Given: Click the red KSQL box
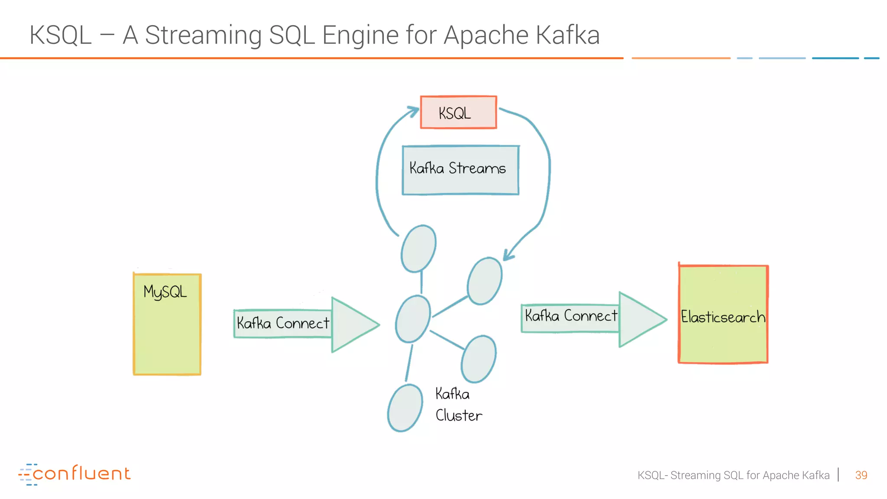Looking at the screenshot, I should (458, 113).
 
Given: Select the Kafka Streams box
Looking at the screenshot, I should (460, 170).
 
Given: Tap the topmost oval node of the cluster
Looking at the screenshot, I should (418, 249).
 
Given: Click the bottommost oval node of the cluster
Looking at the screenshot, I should (405, 408).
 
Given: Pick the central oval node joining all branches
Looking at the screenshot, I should (413, 319).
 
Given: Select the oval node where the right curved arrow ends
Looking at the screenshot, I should (485, 281).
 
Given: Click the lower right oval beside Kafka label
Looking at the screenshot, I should (479, 359).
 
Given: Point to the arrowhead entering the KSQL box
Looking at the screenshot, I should (413, 111).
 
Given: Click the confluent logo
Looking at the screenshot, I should (74, 473).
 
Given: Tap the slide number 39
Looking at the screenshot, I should (861, 475).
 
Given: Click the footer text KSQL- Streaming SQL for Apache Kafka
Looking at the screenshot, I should (733, 475).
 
